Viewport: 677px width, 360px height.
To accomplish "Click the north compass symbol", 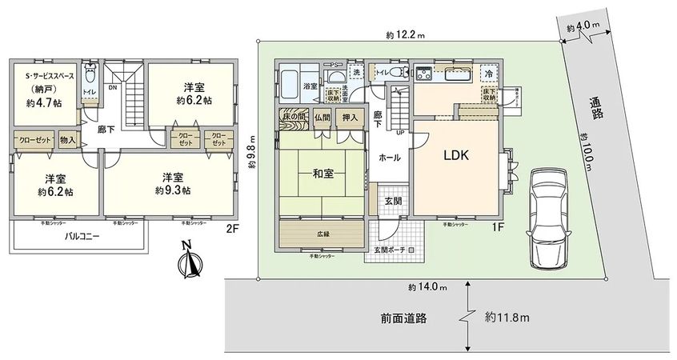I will pos(190,262).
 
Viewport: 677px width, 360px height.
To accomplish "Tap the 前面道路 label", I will pos(403,318).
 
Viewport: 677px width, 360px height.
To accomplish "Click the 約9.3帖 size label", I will pos(174,190).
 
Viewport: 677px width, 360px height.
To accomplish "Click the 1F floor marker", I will pos(497,227).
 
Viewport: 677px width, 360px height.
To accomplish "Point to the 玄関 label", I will pos(393,200).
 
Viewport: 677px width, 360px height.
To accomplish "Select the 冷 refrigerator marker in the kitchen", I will pos(489,74).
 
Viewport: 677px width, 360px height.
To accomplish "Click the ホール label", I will pos(390,158).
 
